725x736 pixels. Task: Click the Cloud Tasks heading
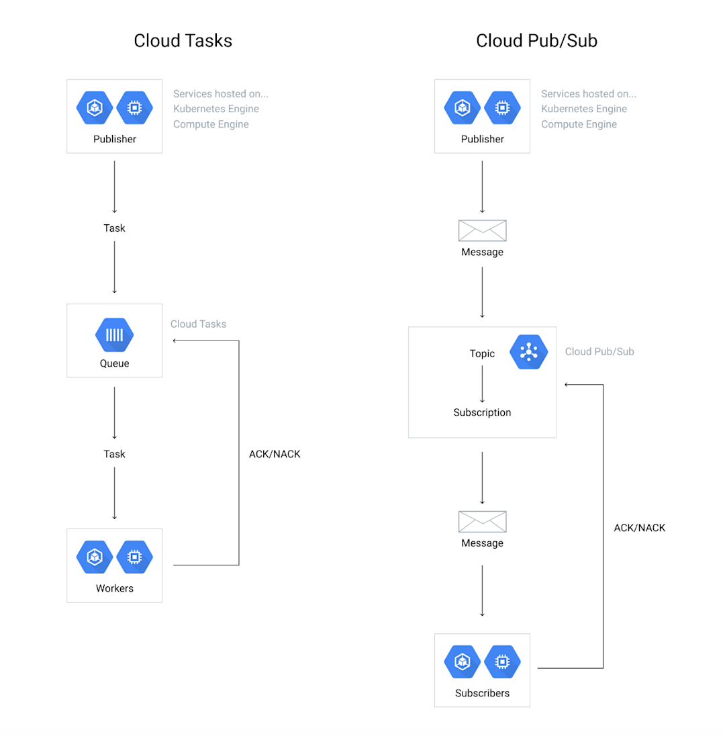(183, 40)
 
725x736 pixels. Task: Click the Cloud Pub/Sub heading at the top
(536, 40)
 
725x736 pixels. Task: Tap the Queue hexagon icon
(114, 335)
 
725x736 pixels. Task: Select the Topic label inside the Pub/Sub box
(482, 353)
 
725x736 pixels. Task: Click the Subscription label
(482, 412)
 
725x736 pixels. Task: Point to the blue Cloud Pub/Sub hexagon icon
(529, 352)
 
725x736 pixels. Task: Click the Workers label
(114, 588)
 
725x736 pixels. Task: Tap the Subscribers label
(482, 693)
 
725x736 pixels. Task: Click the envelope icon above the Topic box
(482, 230)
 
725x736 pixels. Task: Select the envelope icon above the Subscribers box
(482, 521)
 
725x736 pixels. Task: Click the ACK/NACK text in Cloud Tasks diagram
(275, 454)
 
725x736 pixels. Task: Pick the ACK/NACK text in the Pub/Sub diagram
(639, 528)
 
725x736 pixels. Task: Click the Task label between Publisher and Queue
(114, 228)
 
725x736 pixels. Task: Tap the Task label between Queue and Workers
(114, 454)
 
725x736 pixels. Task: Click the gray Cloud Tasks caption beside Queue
(198, 324)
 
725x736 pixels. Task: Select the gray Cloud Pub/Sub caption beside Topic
(599, 352)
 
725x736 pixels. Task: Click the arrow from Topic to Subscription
(482, 383)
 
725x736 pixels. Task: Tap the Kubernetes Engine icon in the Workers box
(95, 557)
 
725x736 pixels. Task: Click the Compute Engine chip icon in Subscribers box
(501, 661)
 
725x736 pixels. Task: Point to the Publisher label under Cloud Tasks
(114, 139)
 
